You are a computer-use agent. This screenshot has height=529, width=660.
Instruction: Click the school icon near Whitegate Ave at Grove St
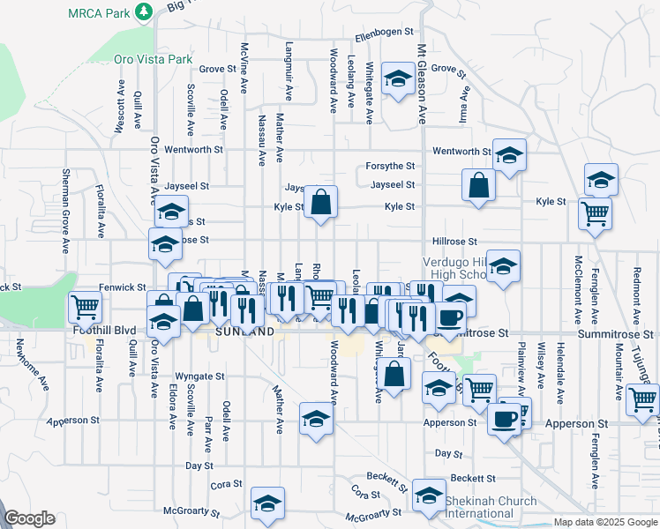[x=399, y=80]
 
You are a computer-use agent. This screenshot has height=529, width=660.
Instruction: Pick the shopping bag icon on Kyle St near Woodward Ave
[x=322, y=201]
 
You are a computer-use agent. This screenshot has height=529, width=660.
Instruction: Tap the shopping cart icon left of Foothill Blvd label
[x=86, y=308]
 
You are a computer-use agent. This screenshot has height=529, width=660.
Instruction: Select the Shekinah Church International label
[x=491, y=507]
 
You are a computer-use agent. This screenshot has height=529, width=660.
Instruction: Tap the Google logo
[x=29, y=518]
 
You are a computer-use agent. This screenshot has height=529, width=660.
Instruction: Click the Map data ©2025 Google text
[x=604, y=523]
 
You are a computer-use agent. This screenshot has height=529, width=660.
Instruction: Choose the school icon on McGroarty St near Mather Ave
[x=266, y=503]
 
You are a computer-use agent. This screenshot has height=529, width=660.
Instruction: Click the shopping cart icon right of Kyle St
[x=595, y=212]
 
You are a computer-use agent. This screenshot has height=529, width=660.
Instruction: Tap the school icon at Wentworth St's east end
[x=509, y=155]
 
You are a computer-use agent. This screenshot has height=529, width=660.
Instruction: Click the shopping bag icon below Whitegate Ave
[x=396, y=374]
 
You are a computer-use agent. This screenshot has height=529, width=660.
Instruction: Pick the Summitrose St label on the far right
[x=616, y=335]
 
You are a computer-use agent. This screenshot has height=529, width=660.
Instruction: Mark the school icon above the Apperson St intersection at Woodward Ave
[x=316, y=419]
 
